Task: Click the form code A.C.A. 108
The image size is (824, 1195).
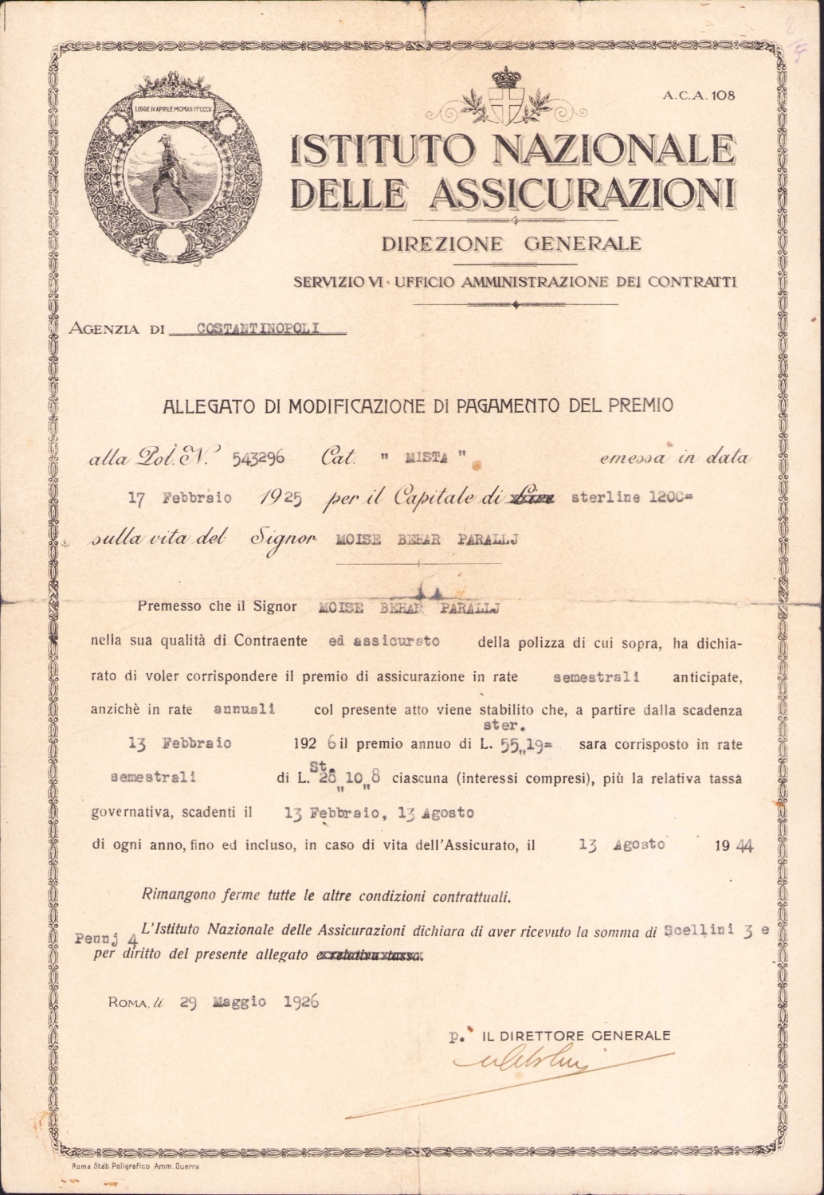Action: coord(699,96)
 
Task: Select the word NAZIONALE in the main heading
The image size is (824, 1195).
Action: coord(614,150)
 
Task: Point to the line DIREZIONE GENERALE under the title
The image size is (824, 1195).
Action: coord(511,244)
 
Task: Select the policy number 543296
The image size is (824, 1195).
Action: coord(258,458)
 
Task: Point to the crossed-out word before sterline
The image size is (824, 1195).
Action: coord(536,499)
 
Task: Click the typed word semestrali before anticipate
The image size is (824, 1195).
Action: coord(597,678)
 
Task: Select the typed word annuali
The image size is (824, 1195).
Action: coord(245,708)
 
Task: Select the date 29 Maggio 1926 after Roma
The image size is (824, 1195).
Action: coord(249,1002)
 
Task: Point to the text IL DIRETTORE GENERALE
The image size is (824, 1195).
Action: coord(577,1036)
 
